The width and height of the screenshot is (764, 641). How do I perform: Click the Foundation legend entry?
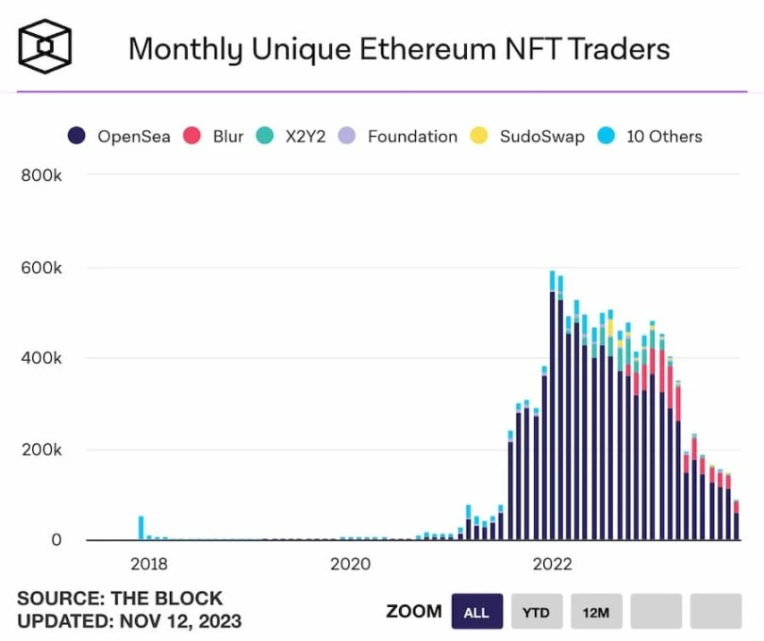coord(400,136)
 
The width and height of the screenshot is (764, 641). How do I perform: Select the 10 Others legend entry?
coord(651,136)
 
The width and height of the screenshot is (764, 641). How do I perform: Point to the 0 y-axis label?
coord(56,540)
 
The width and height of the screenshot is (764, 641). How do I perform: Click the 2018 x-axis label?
coord(149,565)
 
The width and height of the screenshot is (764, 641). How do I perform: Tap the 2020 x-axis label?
coord(350,565)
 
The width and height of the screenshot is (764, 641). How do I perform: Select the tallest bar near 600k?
coord(553,405)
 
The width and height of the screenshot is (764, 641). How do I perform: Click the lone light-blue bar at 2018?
coord(141,528)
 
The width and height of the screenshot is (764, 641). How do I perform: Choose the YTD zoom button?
coord(535,612)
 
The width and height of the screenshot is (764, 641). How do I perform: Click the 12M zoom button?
coord(595,612)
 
